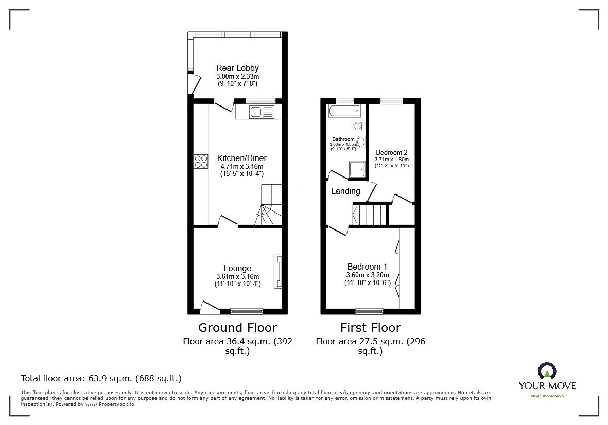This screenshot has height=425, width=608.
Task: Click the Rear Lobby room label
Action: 237,68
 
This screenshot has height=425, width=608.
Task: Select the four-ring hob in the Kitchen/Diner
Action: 200,161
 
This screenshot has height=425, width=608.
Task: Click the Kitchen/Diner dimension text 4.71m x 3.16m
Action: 241,166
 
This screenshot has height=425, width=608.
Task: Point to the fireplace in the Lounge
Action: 278,271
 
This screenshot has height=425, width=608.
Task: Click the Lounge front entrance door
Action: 210,307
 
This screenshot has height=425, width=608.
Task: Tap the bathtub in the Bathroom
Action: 344,111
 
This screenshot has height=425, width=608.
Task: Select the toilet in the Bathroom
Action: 359,126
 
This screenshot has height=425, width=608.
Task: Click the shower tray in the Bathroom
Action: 357,169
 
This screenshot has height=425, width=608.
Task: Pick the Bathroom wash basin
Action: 361,142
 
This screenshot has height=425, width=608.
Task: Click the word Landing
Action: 345,191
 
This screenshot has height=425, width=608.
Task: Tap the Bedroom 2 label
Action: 392,152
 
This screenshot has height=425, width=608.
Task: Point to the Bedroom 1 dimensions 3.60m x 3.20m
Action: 368,275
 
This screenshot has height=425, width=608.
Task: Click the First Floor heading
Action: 370,328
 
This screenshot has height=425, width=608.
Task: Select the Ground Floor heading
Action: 237,328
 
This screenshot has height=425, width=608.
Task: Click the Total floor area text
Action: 101,378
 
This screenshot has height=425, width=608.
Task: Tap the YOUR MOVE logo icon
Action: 547,371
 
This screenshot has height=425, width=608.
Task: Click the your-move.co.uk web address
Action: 547,396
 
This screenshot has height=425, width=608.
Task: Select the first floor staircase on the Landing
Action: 370,214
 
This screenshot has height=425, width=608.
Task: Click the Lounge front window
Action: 247,311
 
